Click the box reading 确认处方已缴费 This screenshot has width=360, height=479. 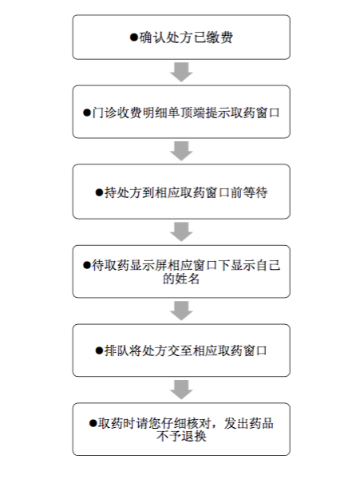click(181, 37)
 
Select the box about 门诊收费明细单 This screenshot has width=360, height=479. click(181, 112)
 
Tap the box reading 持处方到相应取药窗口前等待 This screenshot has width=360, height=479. click(181, 192)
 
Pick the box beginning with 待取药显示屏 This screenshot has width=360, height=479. click(181, 271)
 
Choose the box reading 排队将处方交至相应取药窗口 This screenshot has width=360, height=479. click(181, 350)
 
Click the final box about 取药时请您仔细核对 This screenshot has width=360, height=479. click(181, 430)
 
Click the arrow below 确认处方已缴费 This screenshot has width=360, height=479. click(181, 72)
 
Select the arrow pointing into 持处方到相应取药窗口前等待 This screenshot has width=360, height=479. click(181, 151)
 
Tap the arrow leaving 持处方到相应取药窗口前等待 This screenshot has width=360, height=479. click(181, 232)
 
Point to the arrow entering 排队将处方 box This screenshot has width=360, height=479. click(181, 311)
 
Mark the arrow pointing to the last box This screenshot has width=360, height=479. click(181, 390)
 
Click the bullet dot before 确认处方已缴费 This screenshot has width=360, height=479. click(134, 38)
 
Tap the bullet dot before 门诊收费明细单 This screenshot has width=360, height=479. click(87, 113)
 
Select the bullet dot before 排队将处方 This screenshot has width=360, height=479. click(99, 350)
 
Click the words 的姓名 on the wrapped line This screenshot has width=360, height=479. click(181, 279)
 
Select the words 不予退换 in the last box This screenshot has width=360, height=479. click(181, 436)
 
